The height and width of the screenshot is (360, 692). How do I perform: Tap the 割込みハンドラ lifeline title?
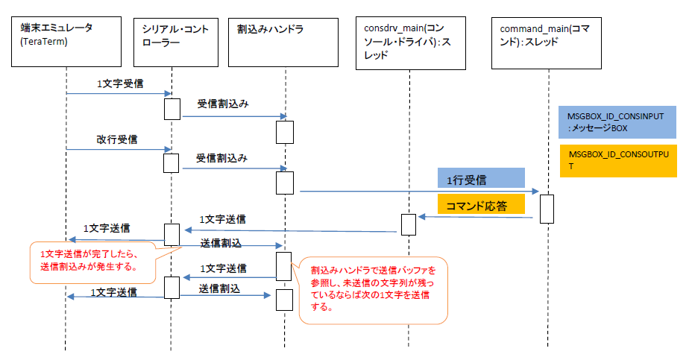pos(265,29)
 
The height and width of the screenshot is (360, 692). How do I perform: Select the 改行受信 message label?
pos(116,139)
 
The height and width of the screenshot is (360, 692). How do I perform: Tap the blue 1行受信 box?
pos(481,178)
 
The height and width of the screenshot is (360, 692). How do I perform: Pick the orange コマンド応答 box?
pos(481,206)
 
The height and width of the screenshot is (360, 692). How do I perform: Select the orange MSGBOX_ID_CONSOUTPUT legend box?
pos(617,160)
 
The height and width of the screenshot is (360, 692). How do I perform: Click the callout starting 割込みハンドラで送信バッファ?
pos(374,290)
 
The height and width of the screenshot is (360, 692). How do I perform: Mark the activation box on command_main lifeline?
pos(546,209)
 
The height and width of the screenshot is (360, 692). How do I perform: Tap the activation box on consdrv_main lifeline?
pos(409,224)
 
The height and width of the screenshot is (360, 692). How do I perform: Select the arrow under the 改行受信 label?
pos(118,149)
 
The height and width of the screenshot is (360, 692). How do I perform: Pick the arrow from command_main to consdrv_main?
pos(477,217)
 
